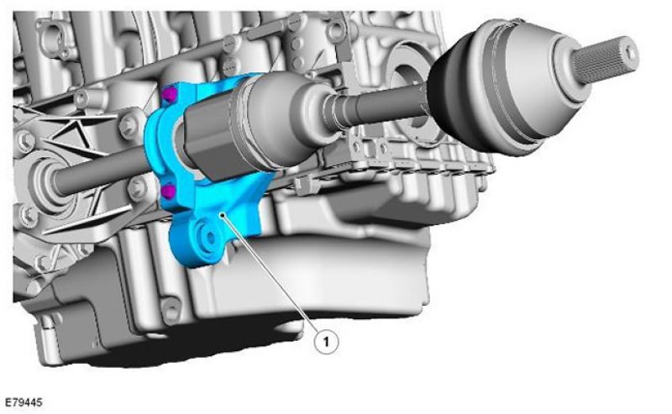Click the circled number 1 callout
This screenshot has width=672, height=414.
click(x=326, y=342)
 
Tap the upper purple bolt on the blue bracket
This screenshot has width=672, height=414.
click(x=170, y=95)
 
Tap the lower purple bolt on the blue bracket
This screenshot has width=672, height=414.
click(x=169, y=191)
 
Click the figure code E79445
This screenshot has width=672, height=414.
click(x=24, y=402)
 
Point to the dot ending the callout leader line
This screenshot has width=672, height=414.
click(x=222, y=215)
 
